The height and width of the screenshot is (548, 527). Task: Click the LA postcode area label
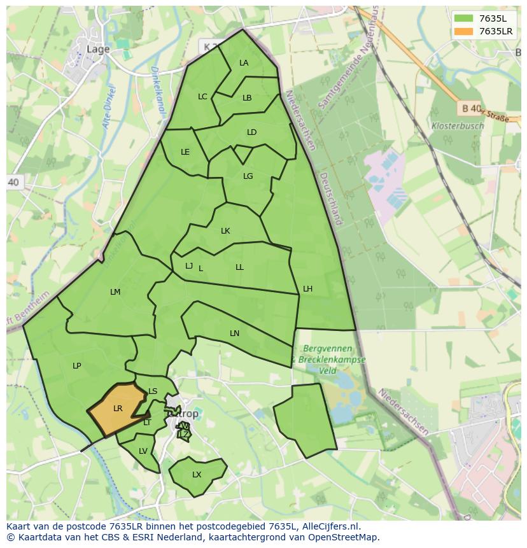[244, 63]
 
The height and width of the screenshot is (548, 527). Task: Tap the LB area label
[247, 98]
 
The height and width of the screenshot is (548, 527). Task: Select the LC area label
[202, 97]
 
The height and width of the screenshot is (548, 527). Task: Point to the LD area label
[251, 132]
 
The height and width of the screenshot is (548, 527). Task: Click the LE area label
[185, 152]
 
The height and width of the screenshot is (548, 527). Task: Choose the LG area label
[248, 176]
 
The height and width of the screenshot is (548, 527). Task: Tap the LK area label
[225, 231]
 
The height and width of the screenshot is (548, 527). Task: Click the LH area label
[307, 289]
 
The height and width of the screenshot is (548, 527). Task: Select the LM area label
[115, 292]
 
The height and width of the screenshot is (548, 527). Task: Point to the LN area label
[234, 334]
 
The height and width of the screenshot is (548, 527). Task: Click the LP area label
[76, 366]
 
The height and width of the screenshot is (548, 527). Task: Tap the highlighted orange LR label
[118, 409]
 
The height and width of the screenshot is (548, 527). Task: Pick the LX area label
[197, 475]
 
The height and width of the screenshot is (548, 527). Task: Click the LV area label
[143, 451]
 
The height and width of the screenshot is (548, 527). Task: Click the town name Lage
[98, 48]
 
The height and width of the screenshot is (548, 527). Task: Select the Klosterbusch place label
[457, 126]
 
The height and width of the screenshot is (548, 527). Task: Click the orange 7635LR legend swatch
[464, 31]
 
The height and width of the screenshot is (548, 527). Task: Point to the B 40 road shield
[470, 109]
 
